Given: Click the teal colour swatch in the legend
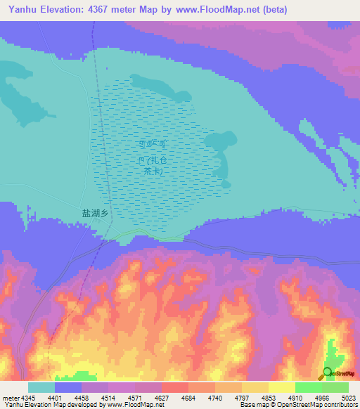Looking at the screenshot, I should click(41, 387).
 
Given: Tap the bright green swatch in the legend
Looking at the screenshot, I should click(308, 387).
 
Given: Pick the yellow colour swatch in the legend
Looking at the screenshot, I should click(281, 387).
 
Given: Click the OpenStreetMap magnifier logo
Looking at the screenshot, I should click(326, 373).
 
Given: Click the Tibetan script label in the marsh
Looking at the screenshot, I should click(153, 143).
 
